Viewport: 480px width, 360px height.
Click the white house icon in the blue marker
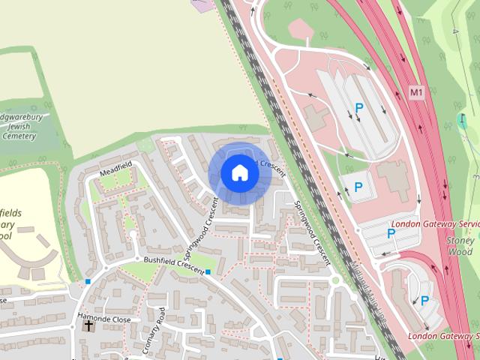pyautogui.click(x=239, y=173)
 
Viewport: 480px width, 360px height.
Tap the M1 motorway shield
pyautogui.click(x=417, y=91)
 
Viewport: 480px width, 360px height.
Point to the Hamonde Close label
pyautogui.click(x=104, y=319)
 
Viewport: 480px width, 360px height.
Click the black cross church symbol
pyautogui.click(x=89, y=325)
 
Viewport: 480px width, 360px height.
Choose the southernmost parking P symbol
pyautogui.click(x=425, y=301)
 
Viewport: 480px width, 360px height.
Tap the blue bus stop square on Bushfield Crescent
pyautogui.click(x=208, y=271)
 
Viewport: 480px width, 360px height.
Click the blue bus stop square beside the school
pyautogui.click(x=88, y=281)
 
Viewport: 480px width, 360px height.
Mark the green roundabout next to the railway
pyautogui.click(x=335, y=280)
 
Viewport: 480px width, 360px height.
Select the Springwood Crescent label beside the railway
pyautogui.click(x=311, y=231)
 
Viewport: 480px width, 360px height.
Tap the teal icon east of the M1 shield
pyautogui.click(x=463, y=120)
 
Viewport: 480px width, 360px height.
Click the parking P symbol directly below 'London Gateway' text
pyautogui.click(x=391, y=234)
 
